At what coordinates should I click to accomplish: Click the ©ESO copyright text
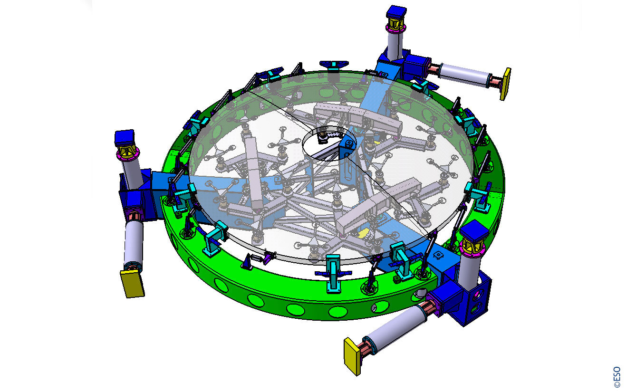pyautogui.click(x=617, y=377)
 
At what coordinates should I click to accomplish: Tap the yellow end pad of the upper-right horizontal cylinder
pyautogui.click(x=505, y=84)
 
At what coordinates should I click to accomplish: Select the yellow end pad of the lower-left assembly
pyautogui.click(x=132, y=284)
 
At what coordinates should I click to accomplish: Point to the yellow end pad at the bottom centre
pyautogui.click(x=352, y=356)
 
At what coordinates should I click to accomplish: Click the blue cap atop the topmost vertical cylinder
pyautogui.click(x=396, y=12)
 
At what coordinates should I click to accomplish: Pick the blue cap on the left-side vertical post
pyautogui.click(x=125, y=138)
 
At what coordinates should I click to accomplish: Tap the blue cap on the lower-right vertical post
pyautogui.click(x=474, y=231)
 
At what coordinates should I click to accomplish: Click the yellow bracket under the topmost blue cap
pyautogui.click(x=396, y=24)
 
